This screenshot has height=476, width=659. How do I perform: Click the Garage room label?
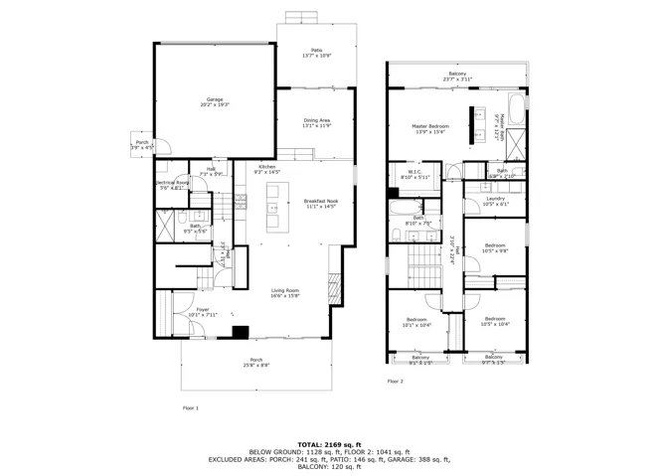[214, 102]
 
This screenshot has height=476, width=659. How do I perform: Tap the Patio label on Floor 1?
[316, 53]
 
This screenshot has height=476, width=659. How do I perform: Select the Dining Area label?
[316, 123]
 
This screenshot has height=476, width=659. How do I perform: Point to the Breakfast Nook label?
[320, 204]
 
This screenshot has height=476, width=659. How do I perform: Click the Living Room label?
[284, 292]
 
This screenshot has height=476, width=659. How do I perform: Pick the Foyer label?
[202, 313]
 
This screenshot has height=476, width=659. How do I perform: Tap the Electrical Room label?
[169, 185]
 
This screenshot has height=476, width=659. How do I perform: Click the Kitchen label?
[267, 169]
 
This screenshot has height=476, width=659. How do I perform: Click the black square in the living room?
[240, 333]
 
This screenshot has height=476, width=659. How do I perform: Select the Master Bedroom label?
[430, 129]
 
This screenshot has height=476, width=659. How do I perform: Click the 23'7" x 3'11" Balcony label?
[457, 77]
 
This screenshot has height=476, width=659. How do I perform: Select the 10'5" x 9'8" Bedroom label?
[495, 247]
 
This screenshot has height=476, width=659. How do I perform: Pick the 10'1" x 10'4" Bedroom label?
[415, 322]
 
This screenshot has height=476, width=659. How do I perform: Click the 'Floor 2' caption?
[396, 381]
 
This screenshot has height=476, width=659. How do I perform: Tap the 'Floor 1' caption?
[190, 407]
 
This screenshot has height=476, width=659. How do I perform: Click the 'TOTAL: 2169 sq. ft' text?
[329, 444]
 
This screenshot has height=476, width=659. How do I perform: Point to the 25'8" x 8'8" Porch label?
[256, 363]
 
